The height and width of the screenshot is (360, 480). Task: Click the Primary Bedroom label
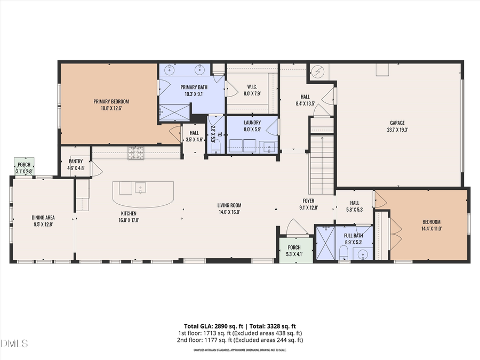(x=111, y=101)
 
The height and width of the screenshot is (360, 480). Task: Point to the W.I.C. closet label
(x=252, y=86)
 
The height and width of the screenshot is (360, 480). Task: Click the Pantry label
(x=75, y=161)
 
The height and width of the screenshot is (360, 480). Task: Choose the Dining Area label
(x=43, y=217)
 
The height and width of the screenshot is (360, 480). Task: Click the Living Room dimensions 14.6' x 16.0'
(x=229, y=212)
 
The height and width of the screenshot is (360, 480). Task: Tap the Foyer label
(x=309, y=201)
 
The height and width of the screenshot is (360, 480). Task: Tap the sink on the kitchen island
(x=141, y=187)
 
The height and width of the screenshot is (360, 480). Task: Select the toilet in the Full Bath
(x=345, y=251)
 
